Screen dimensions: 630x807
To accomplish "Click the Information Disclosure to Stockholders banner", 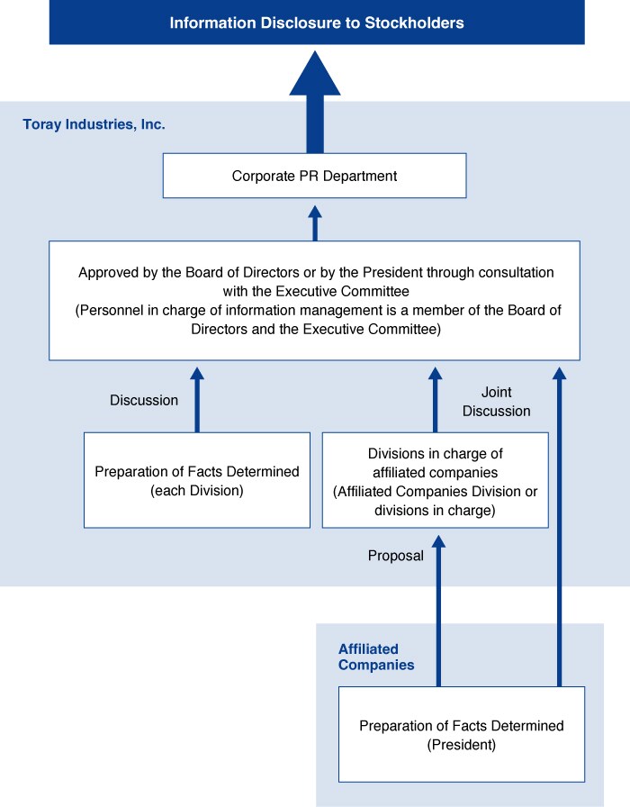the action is pos(317,23).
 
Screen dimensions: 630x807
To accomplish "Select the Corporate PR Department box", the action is pos(315,176).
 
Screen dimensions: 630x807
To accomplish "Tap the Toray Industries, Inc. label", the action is pos(94,124).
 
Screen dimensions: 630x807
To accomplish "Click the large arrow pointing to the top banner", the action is pos(315,102).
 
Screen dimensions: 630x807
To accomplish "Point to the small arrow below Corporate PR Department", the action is pos(315,223).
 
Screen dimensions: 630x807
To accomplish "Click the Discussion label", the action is pos(144,401).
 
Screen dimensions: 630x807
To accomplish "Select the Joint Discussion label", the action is pos(496,402).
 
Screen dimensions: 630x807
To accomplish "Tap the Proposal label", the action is pos(396,556).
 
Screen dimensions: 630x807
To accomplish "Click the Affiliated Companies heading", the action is pos(376,657).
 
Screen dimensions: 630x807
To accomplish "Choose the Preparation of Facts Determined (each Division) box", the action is pos(197,480).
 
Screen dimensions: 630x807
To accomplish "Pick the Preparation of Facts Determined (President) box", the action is pos(462,734).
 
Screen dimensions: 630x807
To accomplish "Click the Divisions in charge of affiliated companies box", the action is pos(435,480).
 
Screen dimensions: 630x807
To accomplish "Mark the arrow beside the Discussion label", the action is pos(197,400).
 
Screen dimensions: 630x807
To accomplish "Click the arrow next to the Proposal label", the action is pos(438,611).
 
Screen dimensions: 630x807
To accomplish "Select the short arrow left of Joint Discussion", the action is pos(435,400).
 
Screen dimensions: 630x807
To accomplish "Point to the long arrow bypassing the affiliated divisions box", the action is pos(559,527).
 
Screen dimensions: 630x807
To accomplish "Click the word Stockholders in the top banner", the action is pos(414,23).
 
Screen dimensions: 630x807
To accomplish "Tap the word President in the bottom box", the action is pos(462,745).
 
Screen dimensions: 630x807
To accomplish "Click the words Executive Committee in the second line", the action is pos(343,291).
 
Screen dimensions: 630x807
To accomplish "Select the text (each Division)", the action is pos(197,491).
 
